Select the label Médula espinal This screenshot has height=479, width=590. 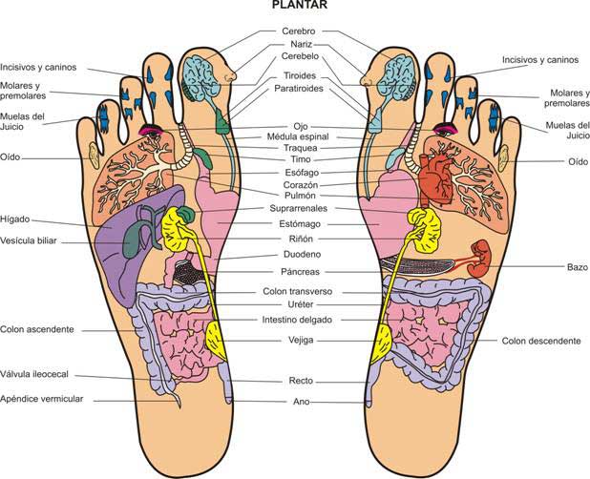click(x=298, y=136)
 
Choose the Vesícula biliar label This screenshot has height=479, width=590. click(x=34, y=240)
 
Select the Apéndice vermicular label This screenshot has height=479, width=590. click(x=44, y=398)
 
